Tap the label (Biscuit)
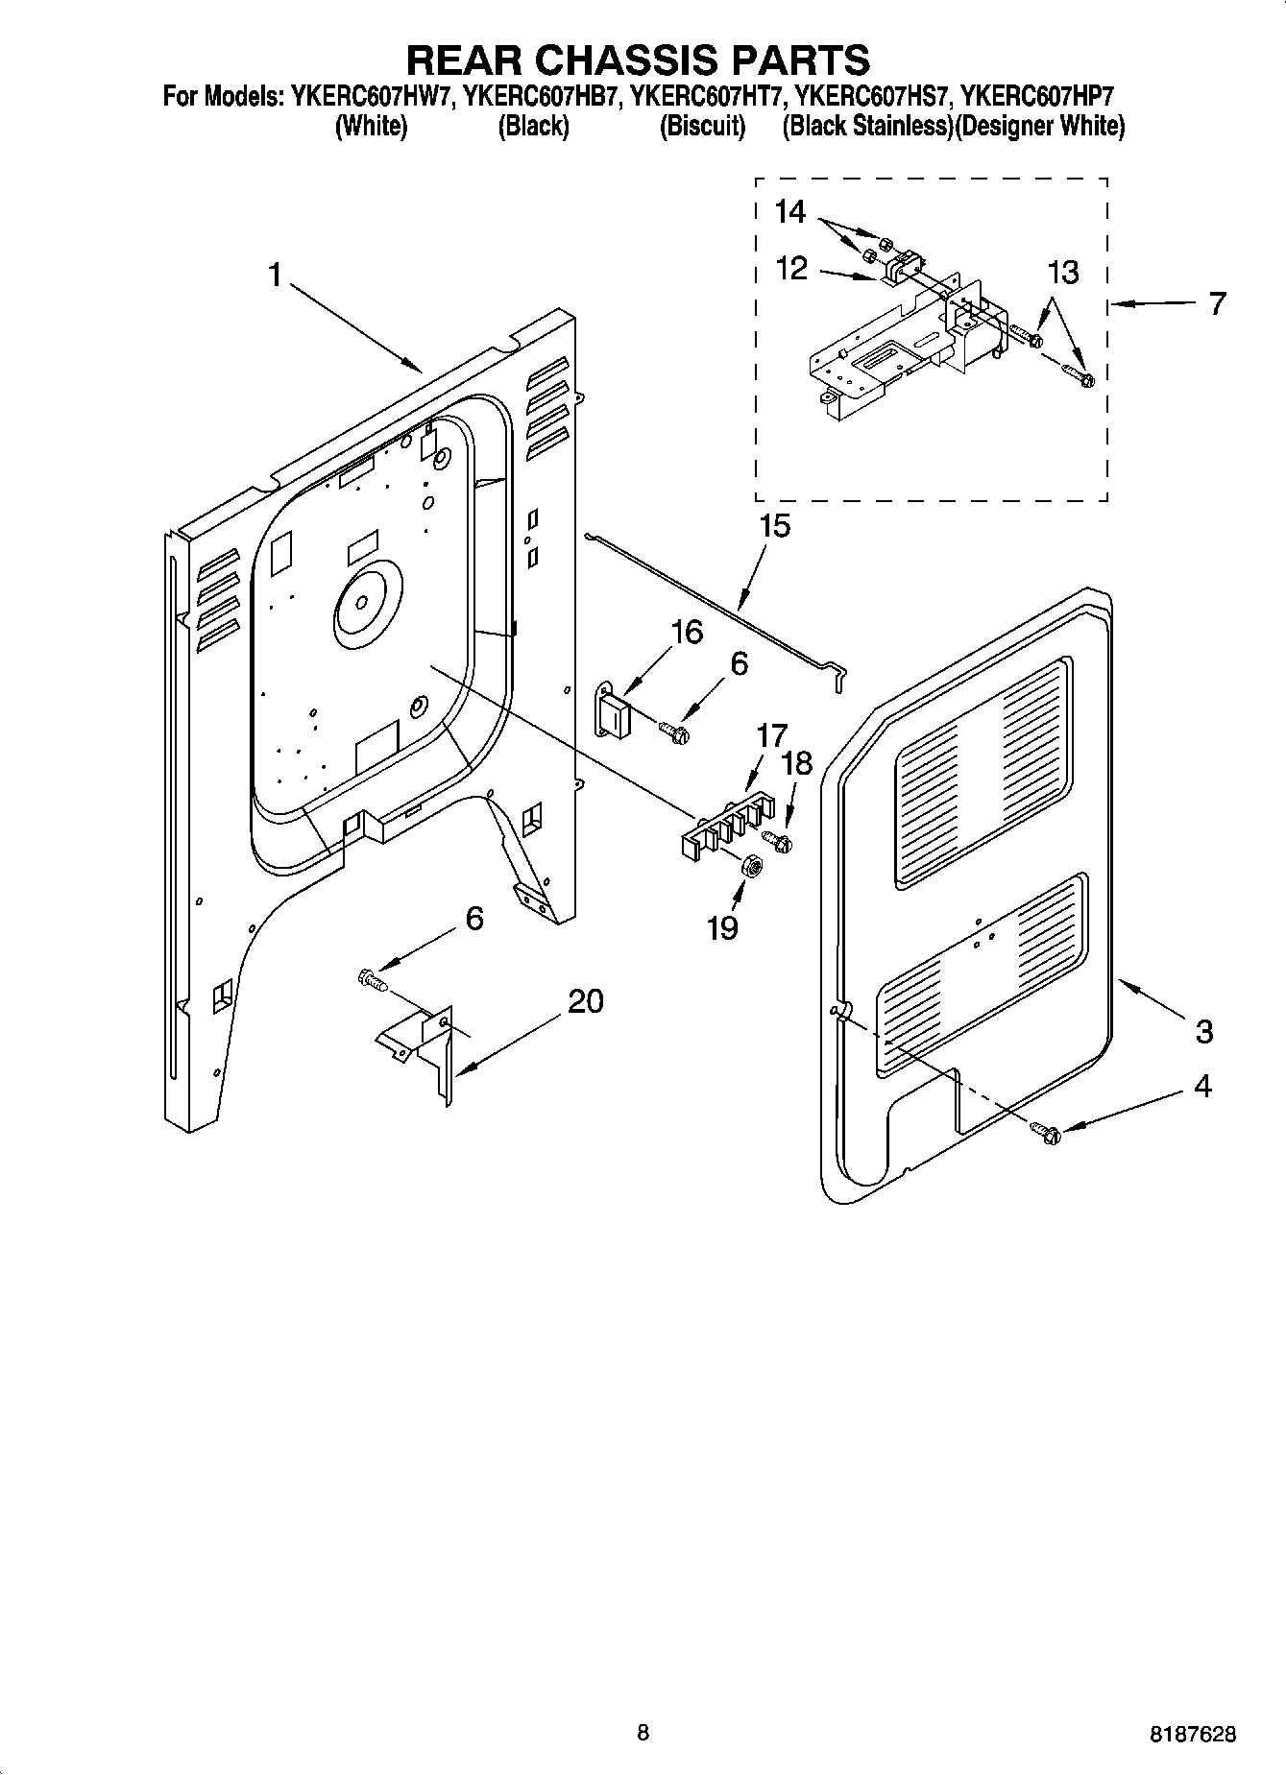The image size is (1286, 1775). coord(702,127)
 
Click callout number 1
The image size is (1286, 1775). coord(275,276)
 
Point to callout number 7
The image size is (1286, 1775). coord(1217,303)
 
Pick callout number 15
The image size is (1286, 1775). coord(774,526)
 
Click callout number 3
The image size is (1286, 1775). coord(1204,1032)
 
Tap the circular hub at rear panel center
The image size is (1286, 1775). coord(363,602)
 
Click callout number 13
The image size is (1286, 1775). coord(1062,273)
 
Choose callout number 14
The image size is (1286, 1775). coord(789,212)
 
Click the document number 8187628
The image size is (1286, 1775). coord(1191,1735)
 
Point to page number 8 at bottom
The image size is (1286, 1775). coord(643,1732)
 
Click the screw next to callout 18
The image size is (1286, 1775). coord(782,843)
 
